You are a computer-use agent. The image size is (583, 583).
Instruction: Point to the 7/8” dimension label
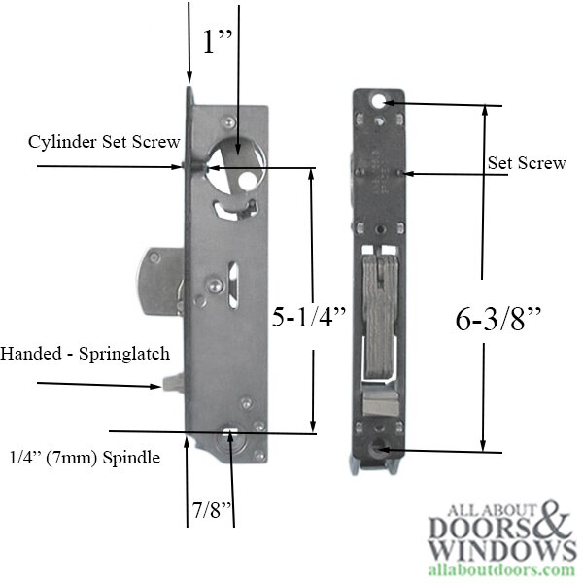[213, 507]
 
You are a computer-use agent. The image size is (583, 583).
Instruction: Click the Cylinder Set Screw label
[104, 142]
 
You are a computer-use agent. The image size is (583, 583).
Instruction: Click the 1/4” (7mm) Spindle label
[85, 456]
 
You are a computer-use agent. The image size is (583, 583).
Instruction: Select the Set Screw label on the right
[527, 163]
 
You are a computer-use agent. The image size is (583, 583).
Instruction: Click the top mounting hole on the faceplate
[379, 99]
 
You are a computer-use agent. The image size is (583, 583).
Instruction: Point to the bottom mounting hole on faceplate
[380, 449]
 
